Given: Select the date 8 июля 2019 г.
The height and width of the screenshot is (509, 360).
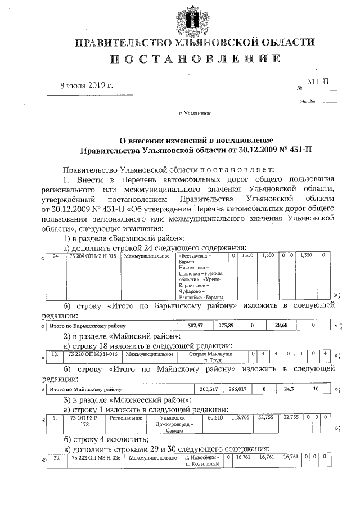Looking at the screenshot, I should click(x=87, y=85).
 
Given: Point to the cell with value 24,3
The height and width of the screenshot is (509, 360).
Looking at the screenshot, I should click(x=290, y=389).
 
